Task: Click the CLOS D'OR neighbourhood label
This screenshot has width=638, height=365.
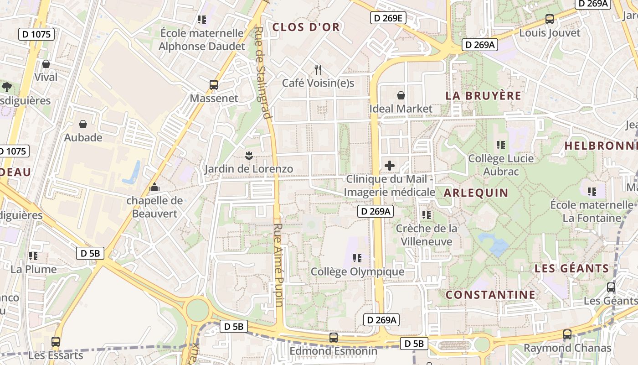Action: [306, 27]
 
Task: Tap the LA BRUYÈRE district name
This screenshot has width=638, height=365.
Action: [483, 96]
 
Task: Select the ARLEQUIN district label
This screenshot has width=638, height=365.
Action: [476, 193]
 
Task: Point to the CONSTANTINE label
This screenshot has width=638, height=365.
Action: [491, 295]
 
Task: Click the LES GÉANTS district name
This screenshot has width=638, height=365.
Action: [572, 268]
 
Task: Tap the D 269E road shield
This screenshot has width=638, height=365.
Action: [387, 18]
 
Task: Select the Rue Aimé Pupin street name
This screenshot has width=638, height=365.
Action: [279, 265]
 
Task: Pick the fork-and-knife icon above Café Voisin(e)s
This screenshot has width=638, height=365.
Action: [318, 70]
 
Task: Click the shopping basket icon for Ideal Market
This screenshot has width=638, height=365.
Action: [401, 95]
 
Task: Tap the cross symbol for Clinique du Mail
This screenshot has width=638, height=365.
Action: [390, 165]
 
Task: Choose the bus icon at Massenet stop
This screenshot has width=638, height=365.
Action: [214, 85]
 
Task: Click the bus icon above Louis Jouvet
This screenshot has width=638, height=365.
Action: [550, 19]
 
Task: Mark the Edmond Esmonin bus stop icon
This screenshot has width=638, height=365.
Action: [334, 338]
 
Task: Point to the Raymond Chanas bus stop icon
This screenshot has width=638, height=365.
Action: [567, 334]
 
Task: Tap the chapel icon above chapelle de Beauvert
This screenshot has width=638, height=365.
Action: [154, 187]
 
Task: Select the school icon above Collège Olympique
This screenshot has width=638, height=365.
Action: [357, 258]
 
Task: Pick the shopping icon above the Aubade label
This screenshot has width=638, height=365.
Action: [83, 124]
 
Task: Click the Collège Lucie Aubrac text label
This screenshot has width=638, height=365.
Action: [501, 165]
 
